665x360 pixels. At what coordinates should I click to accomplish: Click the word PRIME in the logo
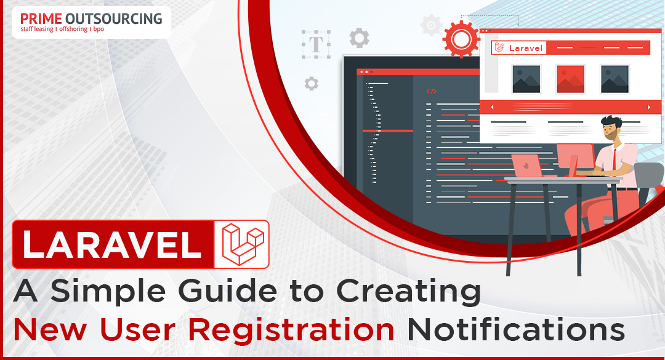point(41,18)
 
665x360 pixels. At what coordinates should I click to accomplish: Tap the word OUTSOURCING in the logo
point(114,18)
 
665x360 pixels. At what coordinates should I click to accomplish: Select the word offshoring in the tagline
point(73,30)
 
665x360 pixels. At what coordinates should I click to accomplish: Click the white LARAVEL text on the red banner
point(112,244)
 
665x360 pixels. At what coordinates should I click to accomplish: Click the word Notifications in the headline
point(516,329)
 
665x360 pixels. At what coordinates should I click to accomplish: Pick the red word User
point(137,329)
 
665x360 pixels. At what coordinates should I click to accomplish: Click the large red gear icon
point(461,39)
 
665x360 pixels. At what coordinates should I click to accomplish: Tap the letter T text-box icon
point(316,44)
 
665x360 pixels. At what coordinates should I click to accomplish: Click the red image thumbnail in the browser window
point(570,79)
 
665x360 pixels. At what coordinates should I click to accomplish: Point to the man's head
point(611,127)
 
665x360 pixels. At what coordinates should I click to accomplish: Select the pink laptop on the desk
point(527,166)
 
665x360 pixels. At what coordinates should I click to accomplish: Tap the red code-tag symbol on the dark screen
point(431,91)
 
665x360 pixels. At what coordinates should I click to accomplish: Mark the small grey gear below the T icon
point(312,84)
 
